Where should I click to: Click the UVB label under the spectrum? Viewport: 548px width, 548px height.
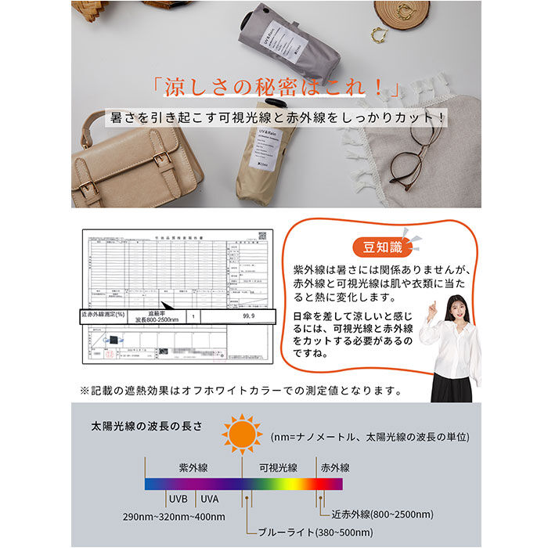[177, 498]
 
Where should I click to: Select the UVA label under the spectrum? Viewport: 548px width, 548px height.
[209, 498]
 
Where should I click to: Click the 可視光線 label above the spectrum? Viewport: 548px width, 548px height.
[278, 467]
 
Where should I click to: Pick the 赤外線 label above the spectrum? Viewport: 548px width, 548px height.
[333, 467]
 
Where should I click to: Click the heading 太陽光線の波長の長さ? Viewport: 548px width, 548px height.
[146, 426]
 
